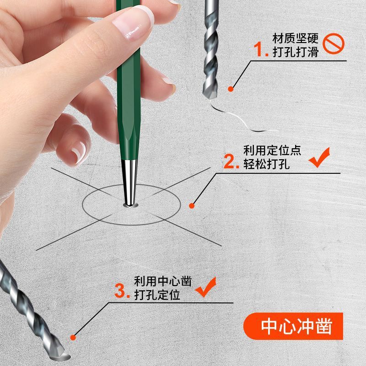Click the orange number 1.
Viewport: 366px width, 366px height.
pyautogui.click(x=262, y=50)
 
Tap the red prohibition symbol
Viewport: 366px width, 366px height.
pyautogui.click(x=334, y=44)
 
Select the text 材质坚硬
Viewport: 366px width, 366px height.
pyautogui.click(x=295, y=38)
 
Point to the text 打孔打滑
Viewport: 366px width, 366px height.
pyautogui.click(x=295, y=52)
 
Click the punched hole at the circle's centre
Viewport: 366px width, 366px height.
pyautogui.click(x=130, y=205)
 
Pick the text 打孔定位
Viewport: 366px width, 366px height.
pyautogui.click(x=157, y=295)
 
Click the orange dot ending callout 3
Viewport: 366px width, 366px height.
pyautogui.click(x=72, y=338)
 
